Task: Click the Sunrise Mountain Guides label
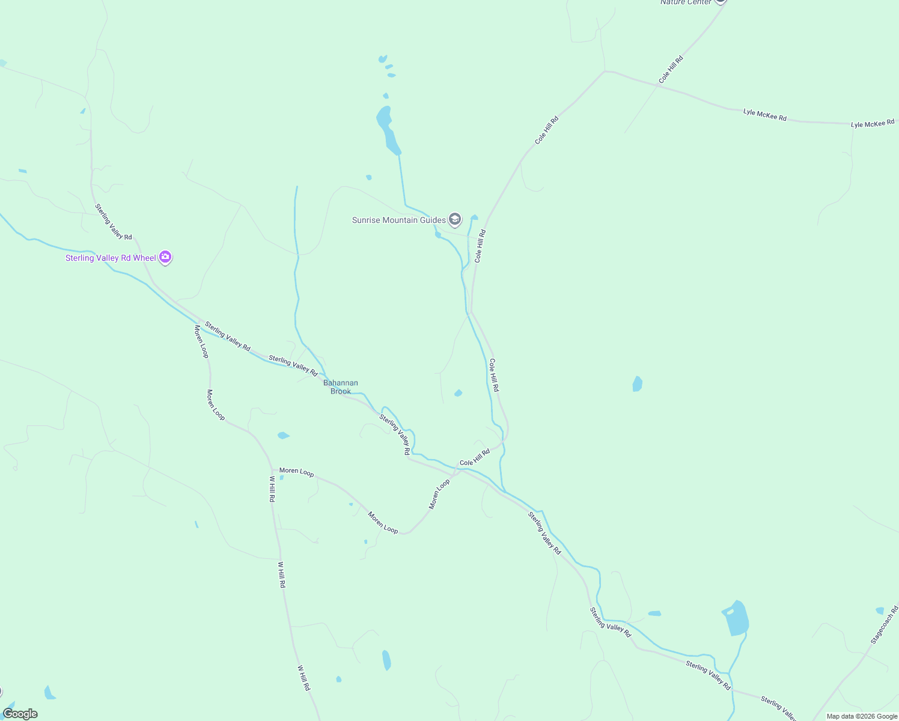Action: (398, 220)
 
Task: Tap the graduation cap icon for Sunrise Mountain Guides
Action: (455, 219)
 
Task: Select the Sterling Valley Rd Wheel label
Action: (111, 258)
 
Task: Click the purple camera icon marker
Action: (165, 257)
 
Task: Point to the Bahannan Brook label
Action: (341, 387)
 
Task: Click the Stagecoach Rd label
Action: (885, 625)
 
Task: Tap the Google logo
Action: (20, 714)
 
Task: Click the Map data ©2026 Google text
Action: (862, 716)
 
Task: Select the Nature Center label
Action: (686, 2)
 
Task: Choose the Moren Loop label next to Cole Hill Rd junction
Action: (439, 494)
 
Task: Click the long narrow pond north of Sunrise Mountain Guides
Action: (387, 129)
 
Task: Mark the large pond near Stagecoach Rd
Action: (736, 618)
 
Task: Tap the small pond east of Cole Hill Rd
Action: (638, 383)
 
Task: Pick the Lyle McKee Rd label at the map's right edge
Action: (873, 124)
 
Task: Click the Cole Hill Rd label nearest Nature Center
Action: (671, 70)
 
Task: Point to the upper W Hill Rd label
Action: (272, 489)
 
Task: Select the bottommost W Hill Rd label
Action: (303, 677)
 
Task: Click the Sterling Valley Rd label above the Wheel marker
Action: (113, 222)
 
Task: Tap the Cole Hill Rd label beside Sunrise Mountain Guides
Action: (480, 246)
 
